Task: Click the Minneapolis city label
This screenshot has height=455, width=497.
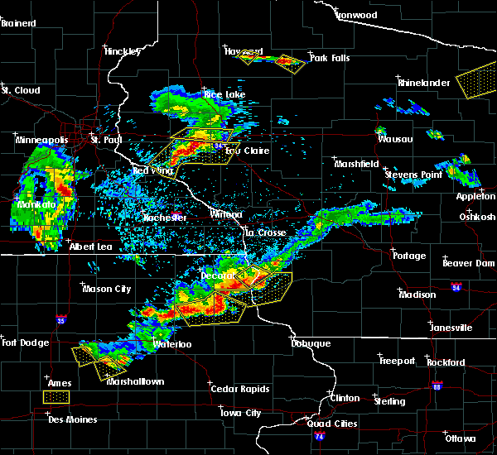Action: tap(42, 141)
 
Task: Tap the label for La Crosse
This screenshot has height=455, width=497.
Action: tap(265, 233)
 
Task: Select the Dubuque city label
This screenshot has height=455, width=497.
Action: tap(311, 343)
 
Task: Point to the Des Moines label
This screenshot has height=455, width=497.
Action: tap(72, 419)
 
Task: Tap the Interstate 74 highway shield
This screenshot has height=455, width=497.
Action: tap(320, 435)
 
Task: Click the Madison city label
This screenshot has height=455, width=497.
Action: tap(417, 295)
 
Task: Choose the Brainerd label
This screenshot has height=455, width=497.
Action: tap(20, 23)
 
